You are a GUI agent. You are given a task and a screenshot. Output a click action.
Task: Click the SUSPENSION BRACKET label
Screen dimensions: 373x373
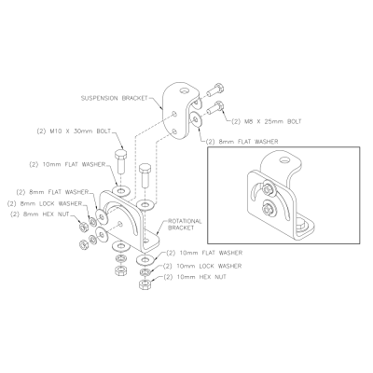[114, 98]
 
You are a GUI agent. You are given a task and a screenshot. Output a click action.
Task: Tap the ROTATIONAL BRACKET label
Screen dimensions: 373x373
[185, 225]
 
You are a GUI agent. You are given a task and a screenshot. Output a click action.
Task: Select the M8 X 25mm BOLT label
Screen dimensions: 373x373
[267, 121]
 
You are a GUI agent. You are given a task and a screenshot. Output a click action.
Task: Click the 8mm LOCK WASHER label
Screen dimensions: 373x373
[45, 203]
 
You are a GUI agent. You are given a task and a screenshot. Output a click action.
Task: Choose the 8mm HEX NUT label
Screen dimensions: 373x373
[40, 214]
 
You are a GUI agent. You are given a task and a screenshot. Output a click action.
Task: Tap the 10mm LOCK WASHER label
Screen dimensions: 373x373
[202, 266]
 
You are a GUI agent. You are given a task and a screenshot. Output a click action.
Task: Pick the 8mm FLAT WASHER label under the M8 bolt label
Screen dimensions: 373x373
[242, 142]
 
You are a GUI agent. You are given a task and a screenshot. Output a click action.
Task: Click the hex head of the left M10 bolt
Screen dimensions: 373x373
[120, 154]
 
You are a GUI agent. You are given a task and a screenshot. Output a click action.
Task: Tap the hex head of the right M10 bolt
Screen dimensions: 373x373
[145, 169]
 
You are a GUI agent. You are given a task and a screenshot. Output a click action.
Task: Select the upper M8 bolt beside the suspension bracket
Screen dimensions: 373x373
[214, 90]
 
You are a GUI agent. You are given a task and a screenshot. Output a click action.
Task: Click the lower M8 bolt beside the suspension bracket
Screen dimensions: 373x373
[214, 107]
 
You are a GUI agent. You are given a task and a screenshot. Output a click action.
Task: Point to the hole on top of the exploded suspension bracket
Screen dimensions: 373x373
[185, 91]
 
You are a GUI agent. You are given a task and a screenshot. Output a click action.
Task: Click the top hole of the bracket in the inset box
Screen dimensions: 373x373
[283, 160]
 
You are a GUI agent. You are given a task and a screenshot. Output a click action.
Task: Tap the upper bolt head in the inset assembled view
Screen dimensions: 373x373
[267, 188]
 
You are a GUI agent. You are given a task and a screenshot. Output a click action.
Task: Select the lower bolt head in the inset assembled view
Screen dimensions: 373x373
[267, 209]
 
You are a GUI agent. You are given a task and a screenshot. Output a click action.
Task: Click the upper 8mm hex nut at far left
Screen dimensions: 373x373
[83, 228]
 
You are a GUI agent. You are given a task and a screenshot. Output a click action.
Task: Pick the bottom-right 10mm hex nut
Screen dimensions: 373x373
[145, 284]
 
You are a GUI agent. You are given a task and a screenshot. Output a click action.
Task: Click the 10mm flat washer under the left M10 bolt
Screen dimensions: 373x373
[120, 189]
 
